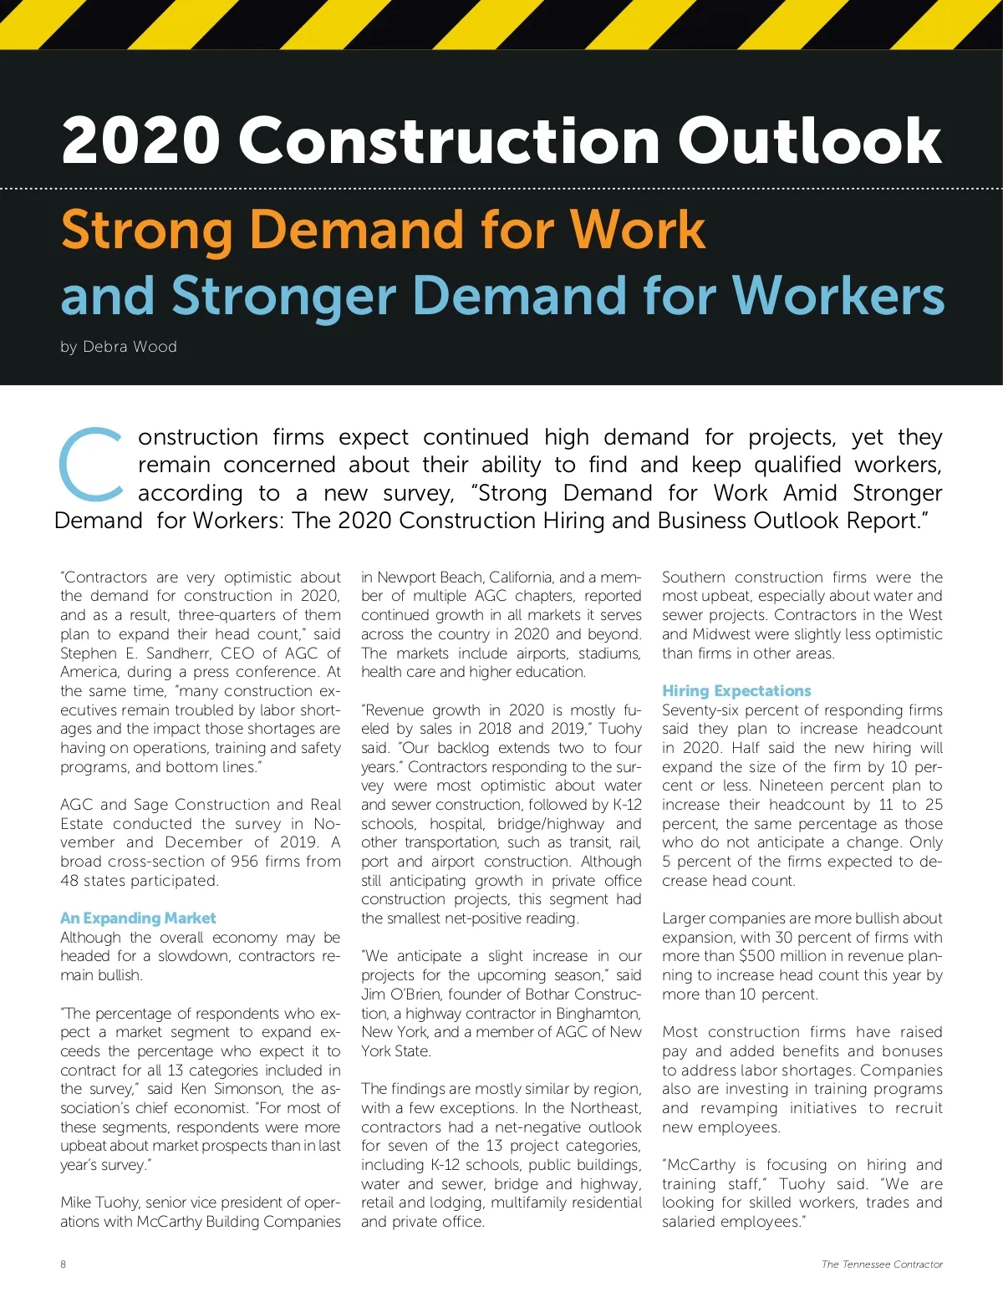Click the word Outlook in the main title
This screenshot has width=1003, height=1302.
[809, 140]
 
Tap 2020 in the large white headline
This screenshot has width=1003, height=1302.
[140, 140]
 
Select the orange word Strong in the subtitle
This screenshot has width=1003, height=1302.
[147, 230]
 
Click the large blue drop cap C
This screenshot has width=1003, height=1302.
[91, 464]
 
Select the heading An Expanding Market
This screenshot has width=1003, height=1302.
[138, 918]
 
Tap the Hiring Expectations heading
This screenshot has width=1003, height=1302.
[736, 691]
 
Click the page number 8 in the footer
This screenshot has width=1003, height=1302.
[64, 1264]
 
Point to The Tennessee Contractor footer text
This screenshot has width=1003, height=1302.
[882, 1264]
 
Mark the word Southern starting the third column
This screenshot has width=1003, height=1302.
[693, 577]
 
